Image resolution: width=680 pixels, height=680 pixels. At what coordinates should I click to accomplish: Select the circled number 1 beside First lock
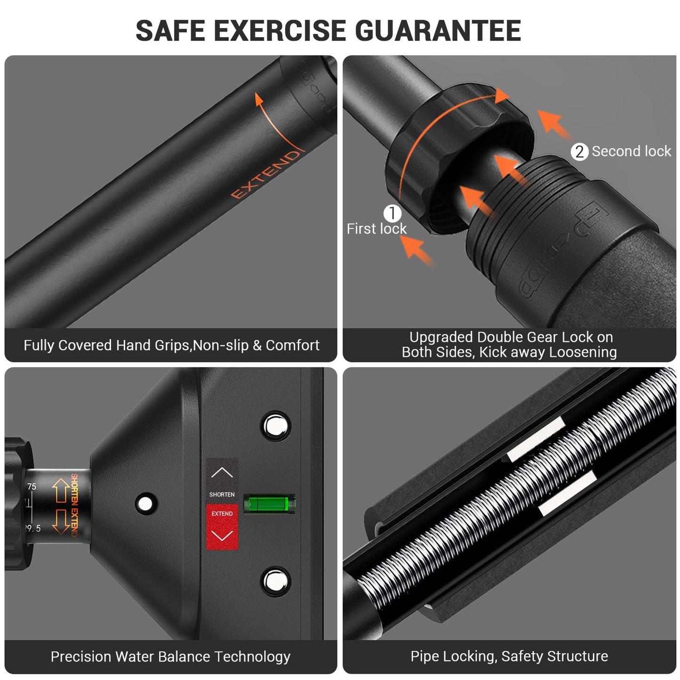pyautogui.click(x=392, y=213)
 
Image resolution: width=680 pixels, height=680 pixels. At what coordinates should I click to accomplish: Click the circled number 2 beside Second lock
pyautogui.click(x=579, y=152)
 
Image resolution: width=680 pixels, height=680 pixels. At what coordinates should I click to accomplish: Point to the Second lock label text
pyautogui.click(x=631, y=152)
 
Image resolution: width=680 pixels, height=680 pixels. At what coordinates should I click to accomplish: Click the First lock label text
pyautogui.click(x=376, y=229)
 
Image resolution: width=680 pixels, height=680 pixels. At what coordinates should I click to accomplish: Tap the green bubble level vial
pyautogui.click(x=269, y=504)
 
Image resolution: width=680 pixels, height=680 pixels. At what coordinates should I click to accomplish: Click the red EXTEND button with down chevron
pyautogui.click(x=222, y=527)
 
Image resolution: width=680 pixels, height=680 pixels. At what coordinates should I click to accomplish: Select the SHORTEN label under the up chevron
pyautogui.click(x=222, y=495)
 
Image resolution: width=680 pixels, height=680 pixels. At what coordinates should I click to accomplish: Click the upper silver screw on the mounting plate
pyautogui.click(x=276, y=426)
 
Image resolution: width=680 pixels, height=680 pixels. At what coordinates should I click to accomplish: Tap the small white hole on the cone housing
pyautogui.click(x=145, y=504)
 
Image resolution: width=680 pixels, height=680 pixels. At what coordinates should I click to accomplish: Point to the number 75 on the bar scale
pyautogui.click(x=32, y=487)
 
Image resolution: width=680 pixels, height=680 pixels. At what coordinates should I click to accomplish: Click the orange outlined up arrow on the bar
pyautogui.click(x=61, y=491)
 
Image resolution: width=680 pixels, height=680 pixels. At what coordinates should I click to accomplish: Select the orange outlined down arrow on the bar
pyautogui.click(x=61, y=521)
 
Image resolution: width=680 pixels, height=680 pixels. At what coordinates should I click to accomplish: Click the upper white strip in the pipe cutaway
pyautogui.click(x=536, y=439)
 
